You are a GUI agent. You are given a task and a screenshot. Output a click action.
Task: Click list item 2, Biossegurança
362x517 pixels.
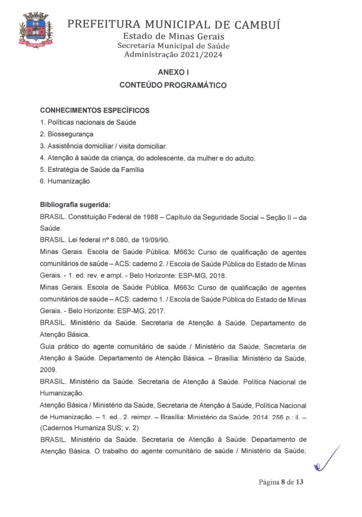click(x=66, y=134)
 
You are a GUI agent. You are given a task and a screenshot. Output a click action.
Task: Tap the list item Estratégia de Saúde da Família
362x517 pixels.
click(x=92, y=170)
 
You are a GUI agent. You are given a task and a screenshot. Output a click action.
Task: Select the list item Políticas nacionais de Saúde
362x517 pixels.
click(x=88, y=122)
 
